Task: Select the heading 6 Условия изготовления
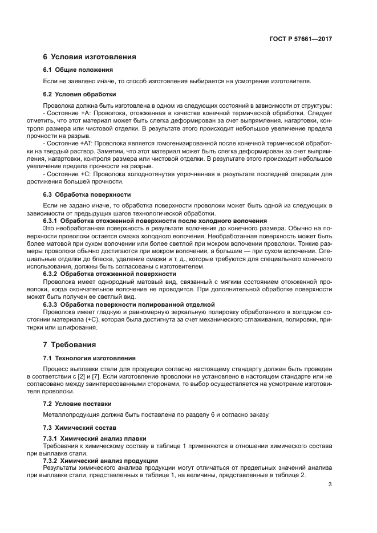pos(90,57)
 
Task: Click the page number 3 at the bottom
pos(330,485)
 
